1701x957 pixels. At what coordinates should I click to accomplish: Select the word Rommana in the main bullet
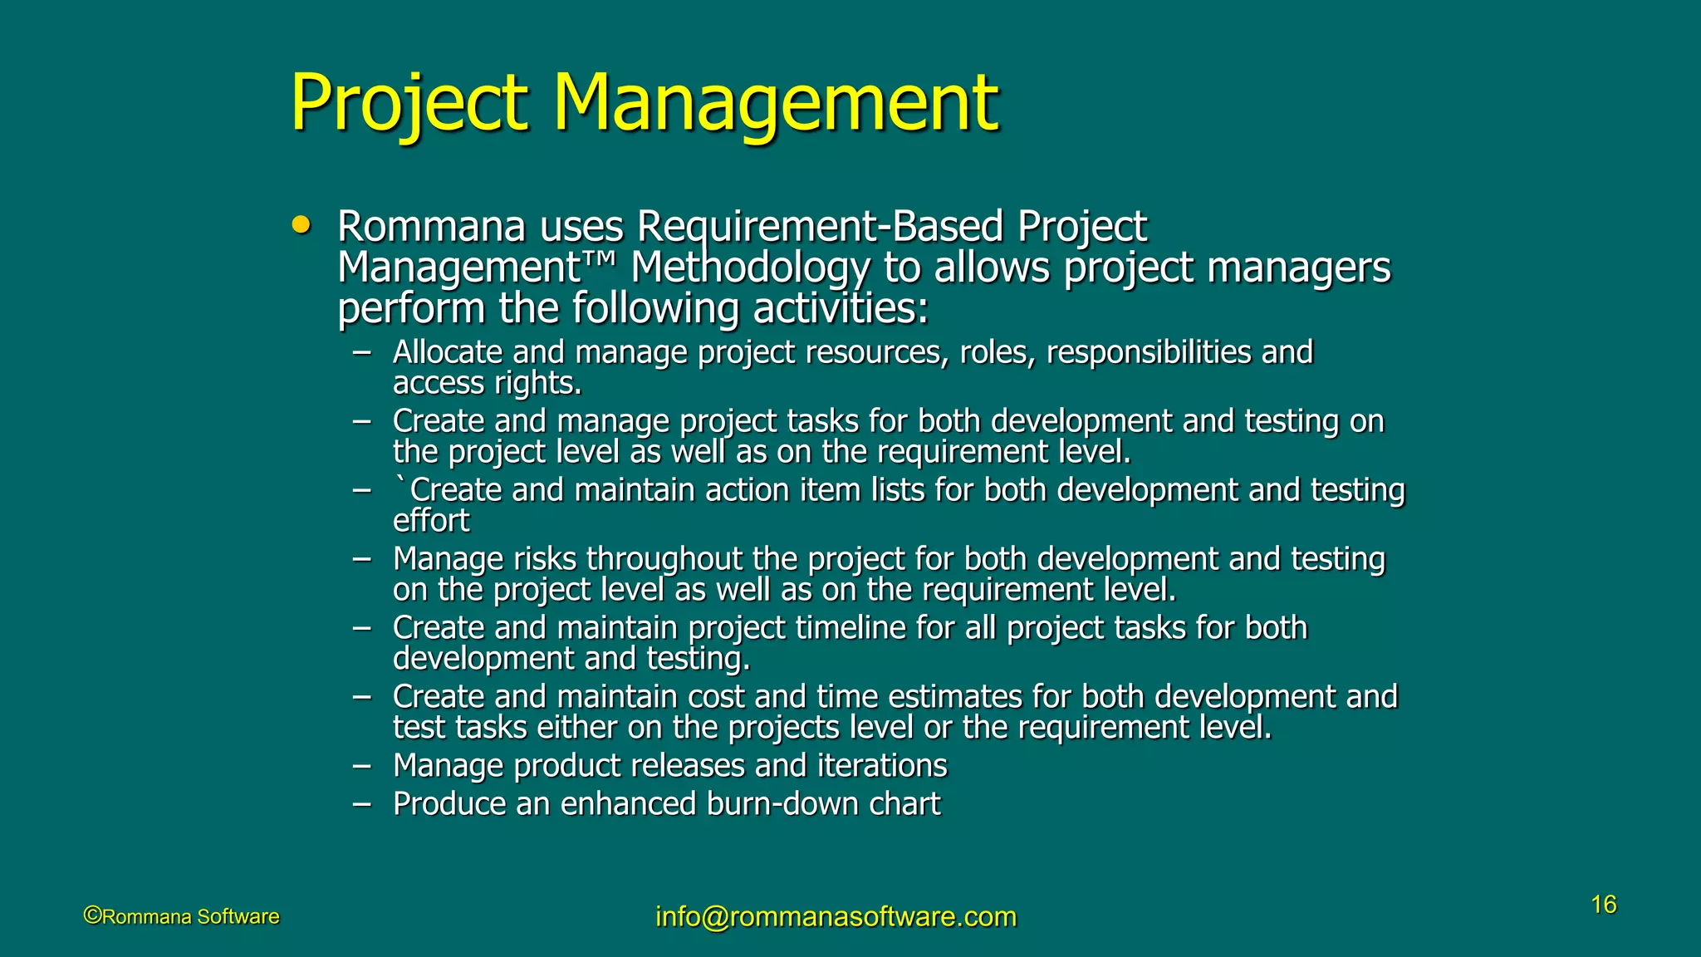(432, 227)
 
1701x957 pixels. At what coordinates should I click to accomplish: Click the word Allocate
(447, 352)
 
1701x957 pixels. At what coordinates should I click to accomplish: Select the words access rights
(487, 383)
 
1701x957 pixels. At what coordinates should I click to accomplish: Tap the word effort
(431, 521)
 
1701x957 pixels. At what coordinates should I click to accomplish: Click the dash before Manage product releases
(361, 766)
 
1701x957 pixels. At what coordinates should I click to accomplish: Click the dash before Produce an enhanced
(361, 804)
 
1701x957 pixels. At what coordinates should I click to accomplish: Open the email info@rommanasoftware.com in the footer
(836, 916)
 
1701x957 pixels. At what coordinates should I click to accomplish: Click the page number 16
(1603, 905)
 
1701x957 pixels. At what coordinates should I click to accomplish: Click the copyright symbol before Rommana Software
(92, 915)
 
